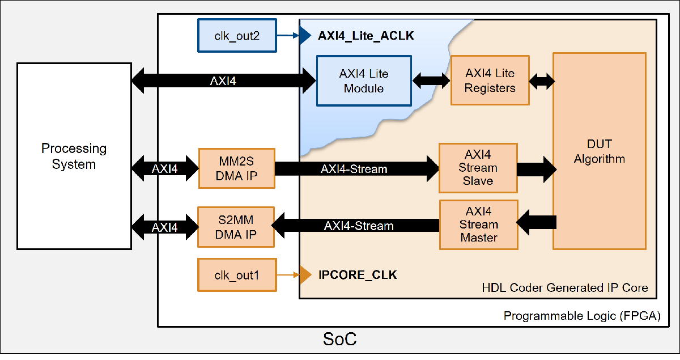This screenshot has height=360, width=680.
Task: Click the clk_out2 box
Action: click(x=237, y=36)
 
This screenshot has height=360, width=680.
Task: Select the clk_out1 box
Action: click(x=237, y=275)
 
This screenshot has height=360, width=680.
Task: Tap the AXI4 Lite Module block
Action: click(x=364, y=81)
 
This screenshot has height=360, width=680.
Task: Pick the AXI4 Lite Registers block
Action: click(x=490, y=81)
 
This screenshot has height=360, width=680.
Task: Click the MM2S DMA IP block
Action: click(x=236, y=168)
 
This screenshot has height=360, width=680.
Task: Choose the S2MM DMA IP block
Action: click(x=236, y=227)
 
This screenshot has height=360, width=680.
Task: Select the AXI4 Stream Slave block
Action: click(x=478, y=168)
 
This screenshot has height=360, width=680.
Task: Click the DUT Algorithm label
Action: click(x=600, y=151)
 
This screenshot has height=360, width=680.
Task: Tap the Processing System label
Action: click(x=74, y=156)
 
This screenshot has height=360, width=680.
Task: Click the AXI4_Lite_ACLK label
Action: click(x=366, y=36)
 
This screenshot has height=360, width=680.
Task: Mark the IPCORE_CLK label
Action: click(x=358, y=276)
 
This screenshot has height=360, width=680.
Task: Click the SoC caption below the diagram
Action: click(x=340, y=340)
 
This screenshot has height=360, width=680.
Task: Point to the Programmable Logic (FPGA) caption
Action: click(x=582, y=316)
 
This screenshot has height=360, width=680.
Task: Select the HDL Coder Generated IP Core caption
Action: click(x=564, y=287)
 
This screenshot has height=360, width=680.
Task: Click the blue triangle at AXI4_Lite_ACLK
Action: click(x=305, y=36)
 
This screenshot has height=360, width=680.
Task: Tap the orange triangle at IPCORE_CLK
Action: click(x=305, y=275)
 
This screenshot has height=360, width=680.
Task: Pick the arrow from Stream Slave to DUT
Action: click(x=536, y=168)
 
